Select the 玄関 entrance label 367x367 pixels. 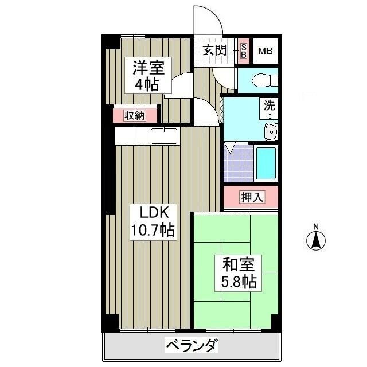pyautogui.click(x=214, y=50)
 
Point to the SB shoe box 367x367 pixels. pyautogui.click(x=243, y=51)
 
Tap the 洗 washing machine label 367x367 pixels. pyautogui.click(x=269, y=105)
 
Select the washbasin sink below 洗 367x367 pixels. pyautogui.click(x=270, y=131)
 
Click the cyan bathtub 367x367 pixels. pyautogui.click(x=266, y=163)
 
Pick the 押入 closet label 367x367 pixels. pyautogui.click(x=252, y=197)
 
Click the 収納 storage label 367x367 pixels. pyautogui.click(x=135, y=115)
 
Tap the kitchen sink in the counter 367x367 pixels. pyautogui.click(x=164, y=136)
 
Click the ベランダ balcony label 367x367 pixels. pyautogui.click(x=192, y=346)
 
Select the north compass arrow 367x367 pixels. pyautogui.click(x=315, y=240)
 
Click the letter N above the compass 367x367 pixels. pyautogui.click(x=315, y=225)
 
